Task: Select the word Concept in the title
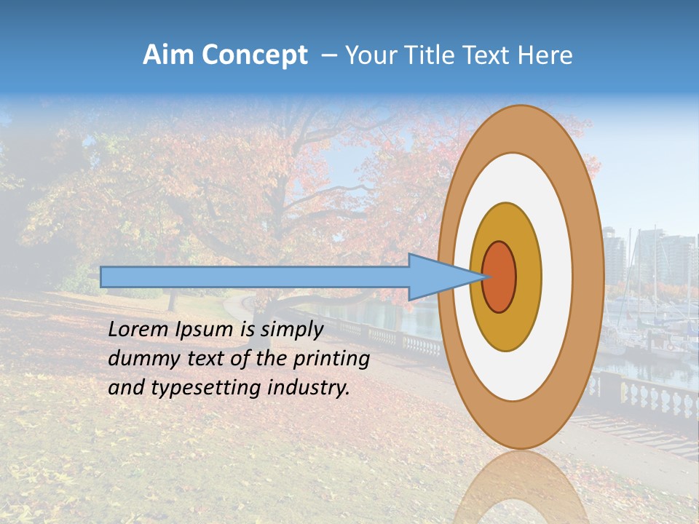pyautogui.click(x=254, y=55)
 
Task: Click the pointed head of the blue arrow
pyautogui.click(x=444, y=277)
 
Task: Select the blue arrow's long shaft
pyautogui.click(x=255, y=277)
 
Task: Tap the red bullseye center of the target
pyautogui.click(x=499, y=277)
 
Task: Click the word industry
pyautogui.click(x=309, y=388)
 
